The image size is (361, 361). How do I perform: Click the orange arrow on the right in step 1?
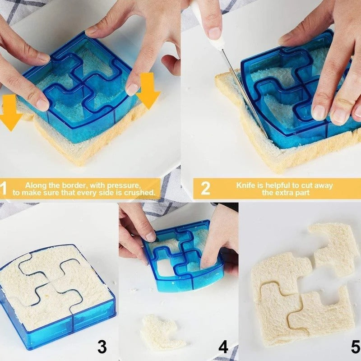(x=149, y=90)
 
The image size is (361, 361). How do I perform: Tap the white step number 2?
(x=205, y=188)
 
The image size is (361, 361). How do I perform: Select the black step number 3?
(x=102, y=347)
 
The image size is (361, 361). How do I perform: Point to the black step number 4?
(x=223, y=347)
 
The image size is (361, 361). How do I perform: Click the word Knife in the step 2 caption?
(x=245, y=185)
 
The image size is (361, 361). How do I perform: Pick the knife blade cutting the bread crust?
(x=244, y=92)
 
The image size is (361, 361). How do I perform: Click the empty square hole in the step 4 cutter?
(x=165, y=268)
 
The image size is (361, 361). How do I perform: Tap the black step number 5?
(x=356, y=347)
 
